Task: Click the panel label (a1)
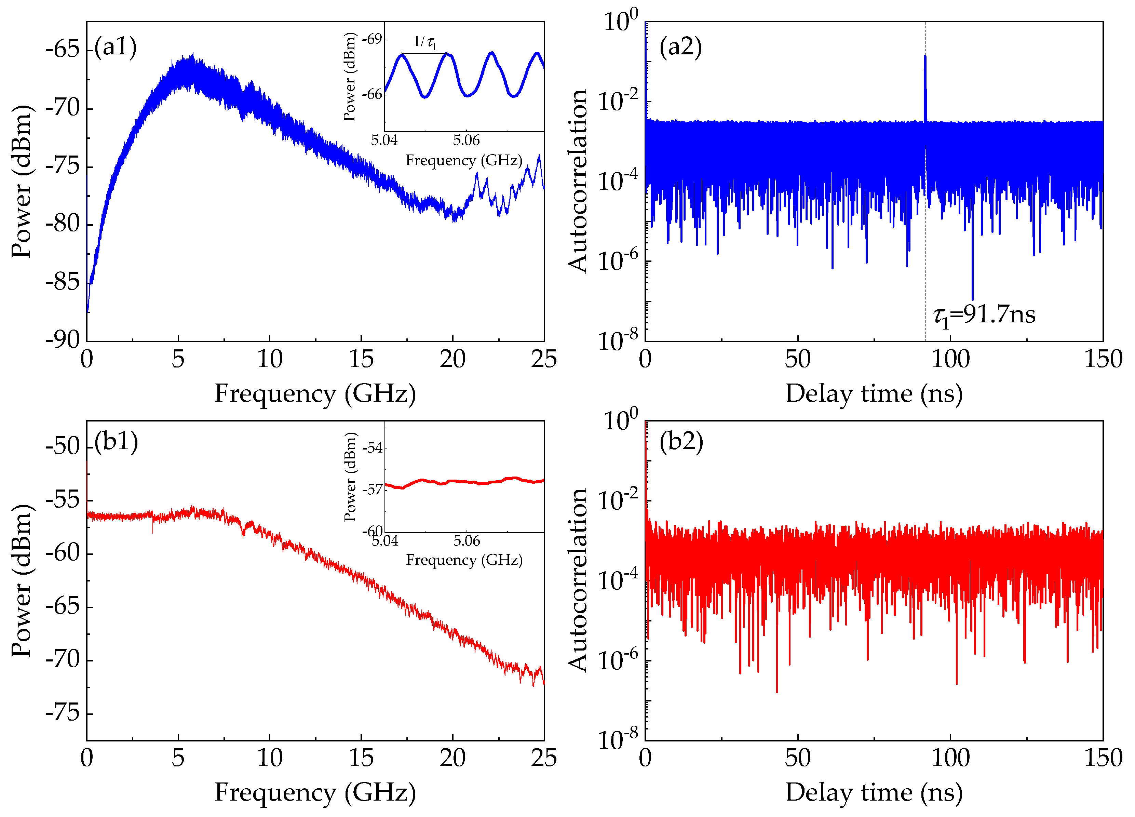[x=116, y=47]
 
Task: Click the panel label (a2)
[x=680, y=47]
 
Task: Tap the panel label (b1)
[x=116, y=442]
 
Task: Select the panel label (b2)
[x=681, y=442]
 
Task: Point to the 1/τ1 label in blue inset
[x=425, y=42]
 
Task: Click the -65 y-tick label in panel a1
[x=63, y=50]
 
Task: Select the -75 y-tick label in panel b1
[x=63, y=713]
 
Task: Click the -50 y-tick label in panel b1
[x=63, y=446]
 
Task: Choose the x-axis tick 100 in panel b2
[x=950, y=758]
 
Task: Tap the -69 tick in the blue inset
[x=372, y=39]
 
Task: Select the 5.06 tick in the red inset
[x=467, y=541]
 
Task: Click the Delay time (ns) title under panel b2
[x=874, y=792]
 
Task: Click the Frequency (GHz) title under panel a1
[x=315, y=393]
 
